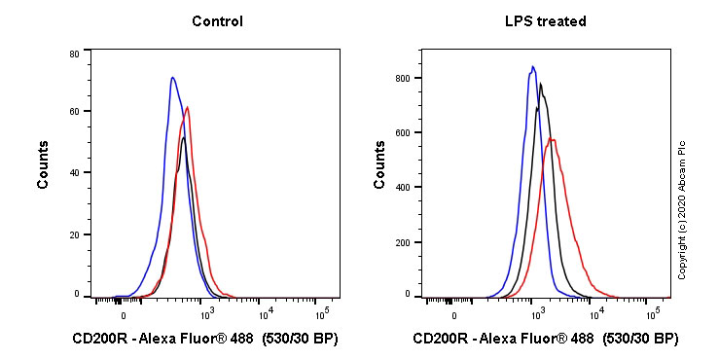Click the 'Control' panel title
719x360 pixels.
coord(217,21)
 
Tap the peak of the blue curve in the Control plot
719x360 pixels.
coord(172,78)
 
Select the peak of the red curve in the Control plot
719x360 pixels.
coord(187,107)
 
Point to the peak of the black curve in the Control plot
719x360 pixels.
coord(183,137)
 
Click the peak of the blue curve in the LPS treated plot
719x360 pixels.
coord(532,67)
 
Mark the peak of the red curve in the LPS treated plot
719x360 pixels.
coord(552,139)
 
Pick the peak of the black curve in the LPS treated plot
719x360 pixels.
coord(540,84)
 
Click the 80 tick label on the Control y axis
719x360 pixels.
coord(73,54)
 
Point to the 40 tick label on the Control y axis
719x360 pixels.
coord(73,173)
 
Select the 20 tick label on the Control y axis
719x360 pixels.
coord(73,234)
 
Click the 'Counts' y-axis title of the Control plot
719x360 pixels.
coord(43,170)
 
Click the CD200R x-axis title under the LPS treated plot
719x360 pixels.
coord(545,340)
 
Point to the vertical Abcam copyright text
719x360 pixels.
coord(682,209)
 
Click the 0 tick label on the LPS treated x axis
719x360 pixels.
coord(454,315)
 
